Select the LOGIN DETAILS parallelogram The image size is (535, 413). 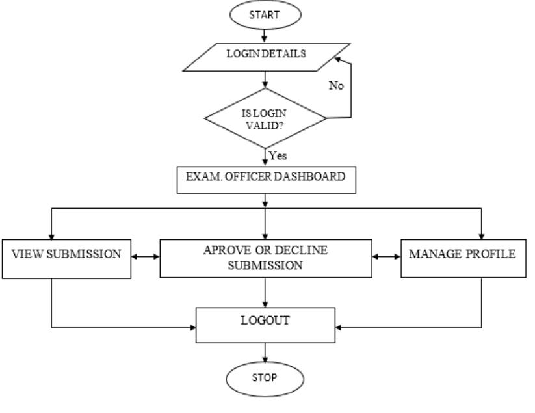265,54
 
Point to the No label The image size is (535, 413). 336,85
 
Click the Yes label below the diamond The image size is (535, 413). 278,156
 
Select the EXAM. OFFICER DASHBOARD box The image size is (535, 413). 267,180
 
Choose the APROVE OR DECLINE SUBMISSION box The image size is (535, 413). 266,258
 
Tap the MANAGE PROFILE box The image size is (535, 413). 462,254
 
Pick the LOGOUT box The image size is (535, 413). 265,323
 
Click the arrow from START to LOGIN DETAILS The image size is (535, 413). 265,33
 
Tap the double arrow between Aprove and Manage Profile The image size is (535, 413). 385,256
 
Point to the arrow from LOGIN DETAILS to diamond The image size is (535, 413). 265,79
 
